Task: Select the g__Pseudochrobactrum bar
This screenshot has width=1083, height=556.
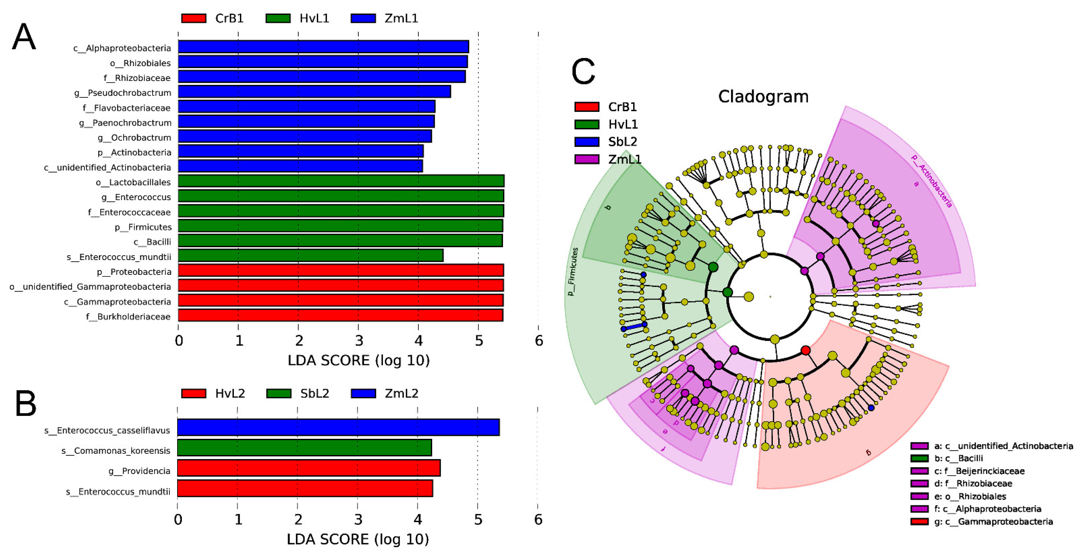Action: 314,91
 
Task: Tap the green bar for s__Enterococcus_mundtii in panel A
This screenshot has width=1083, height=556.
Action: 310,255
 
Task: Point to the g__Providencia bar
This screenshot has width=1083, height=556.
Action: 309,468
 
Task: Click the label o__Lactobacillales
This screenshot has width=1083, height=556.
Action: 133,182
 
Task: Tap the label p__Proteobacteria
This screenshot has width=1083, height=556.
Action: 134,272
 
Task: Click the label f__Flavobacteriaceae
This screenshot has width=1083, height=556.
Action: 127,108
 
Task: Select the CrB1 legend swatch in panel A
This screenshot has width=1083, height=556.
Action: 194,18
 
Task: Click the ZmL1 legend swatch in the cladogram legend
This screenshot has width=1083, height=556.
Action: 587,159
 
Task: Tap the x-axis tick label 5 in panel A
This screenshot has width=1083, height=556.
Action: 479,341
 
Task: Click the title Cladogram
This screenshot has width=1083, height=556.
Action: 763,96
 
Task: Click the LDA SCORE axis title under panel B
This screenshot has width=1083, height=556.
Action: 358,539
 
